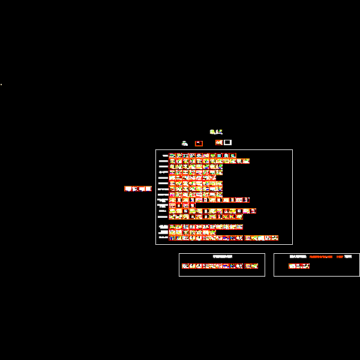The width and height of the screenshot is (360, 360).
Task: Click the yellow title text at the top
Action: pyautogui.click(x=216, y=132)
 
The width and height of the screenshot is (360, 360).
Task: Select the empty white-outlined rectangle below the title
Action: pyautogui.click(x=227, y=142)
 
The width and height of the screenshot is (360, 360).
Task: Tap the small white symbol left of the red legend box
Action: pyautogui.click(x=185, y=143)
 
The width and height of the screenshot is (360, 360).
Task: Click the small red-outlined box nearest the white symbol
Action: pyautogui.click(x=199, y=143)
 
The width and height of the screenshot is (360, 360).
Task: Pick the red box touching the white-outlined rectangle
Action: pyautogui.click(x=219, y=142)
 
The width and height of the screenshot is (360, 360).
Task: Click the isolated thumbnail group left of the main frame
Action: pyautogui.click(x=138, y=188)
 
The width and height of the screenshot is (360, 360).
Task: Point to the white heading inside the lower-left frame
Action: pyautogui.click(x=223, y=257)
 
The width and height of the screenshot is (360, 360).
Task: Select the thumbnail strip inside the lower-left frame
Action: pyautogui.click(x=222, y=266)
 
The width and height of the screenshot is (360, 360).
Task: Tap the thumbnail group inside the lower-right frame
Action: pyautogui.click(x=299, y=266)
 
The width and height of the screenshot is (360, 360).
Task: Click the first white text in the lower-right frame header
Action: pyautogui.click(x=298, y=257)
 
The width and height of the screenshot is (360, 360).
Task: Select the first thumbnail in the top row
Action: pyautogui.click(x=172, y=156)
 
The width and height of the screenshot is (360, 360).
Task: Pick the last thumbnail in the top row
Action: pyautogui.click(x=233, y=156)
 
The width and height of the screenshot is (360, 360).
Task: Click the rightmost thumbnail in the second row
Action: pyautogui.click(x=246, y=161)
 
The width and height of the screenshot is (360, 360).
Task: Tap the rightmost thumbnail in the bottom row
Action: pyautogui.click(x=275, y=238)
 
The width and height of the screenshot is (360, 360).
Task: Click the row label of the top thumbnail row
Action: pyautogui.click(x=164, y=156)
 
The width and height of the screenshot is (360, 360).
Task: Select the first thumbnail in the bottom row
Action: pyautogui.click(x=172, y=238)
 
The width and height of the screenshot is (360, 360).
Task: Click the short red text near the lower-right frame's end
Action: pyautogui.click(x=340, y=257)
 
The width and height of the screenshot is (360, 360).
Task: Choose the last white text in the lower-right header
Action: pyautogui.click(x=349, y=257)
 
